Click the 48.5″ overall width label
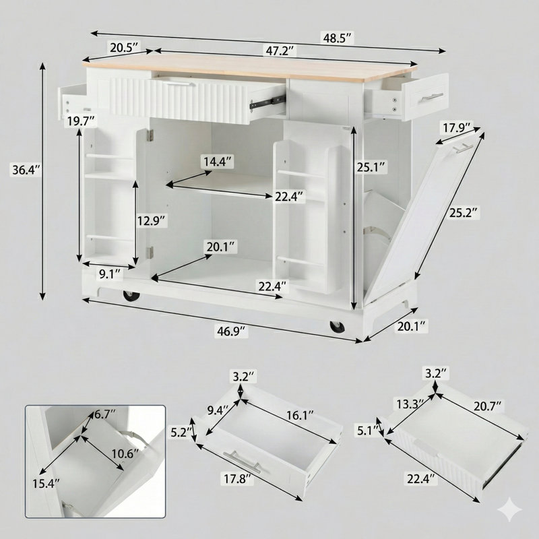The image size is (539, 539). coord(338,38)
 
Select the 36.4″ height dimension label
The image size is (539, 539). coord(26,170)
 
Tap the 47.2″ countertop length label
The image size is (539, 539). coord(280,51)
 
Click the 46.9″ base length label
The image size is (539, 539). coord(231,331)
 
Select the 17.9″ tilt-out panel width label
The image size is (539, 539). coord(456,128)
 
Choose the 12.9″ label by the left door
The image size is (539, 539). coord(152,220)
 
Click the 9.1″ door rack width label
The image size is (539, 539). coord(110,274)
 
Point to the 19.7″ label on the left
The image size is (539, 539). coord(81,121)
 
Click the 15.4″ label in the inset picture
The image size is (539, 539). coord(46,484)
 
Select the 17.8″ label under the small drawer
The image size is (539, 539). coord(236,479)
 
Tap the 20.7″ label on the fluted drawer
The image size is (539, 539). coord(488,407)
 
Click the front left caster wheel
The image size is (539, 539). coord(131,296)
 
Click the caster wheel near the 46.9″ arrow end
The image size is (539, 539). coord(338,327)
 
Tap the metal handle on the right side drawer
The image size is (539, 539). coord(431,97)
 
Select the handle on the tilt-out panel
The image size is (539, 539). coord(462,148)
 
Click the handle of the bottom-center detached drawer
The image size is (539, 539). coord(241,462)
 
